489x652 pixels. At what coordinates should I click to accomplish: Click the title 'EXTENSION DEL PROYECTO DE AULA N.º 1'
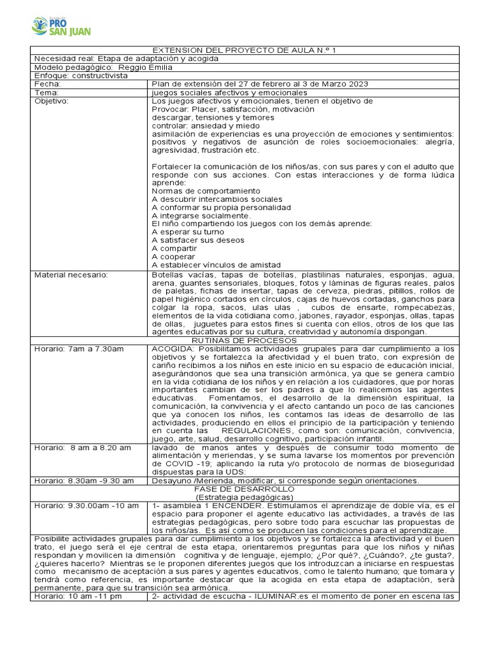[x=244, y=50]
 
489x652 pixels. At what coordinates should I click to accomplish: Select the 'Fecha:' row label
[x=48, y=84]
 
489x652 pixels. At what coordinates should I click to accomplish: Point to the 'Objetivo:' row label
[x=51, y=101]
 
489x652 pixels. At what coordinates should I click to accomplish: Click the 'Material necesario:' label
[x=71, y=274]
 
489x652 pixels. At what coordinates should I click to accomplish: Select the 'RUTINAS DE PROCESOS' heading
[x=244, y=341]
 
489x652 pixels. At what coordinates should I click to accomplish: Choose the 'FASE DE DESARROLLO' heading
[x=244, y=489]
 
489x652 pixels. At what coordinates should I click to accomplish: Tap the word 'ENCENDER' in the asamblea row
[x=229, y=506]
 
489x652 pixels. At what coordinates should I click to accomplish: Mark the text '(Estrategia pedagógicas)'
[x=244, y=497]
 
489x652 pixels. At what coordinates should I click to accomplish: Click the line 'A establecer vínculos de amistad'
[x=216, y=265]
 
